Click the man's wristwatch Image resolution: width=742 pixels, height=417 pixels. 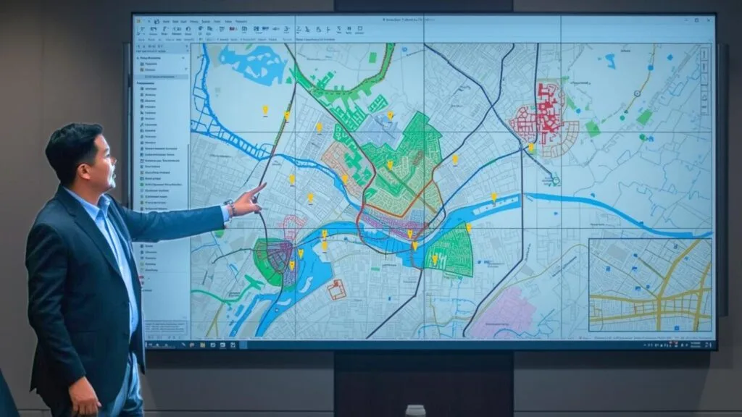(230, 208)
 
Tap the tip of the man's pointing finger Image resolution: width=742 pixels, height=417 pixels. (264, 185)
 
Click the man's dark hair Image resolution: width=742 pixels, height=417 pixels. (72, 141)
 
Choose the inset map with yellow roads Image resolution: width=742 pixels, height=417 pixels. (650, 285)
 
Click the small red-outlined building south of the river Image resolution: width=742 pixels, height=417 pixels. (336, 290)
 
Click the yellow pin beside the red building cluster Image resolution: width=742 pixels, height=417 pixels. (531, 147)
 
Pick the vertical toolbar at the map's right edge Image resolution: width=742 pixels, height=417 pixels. (704, 80)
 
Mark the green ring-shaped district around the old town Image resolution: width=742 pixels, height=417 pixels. (267, 261)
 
